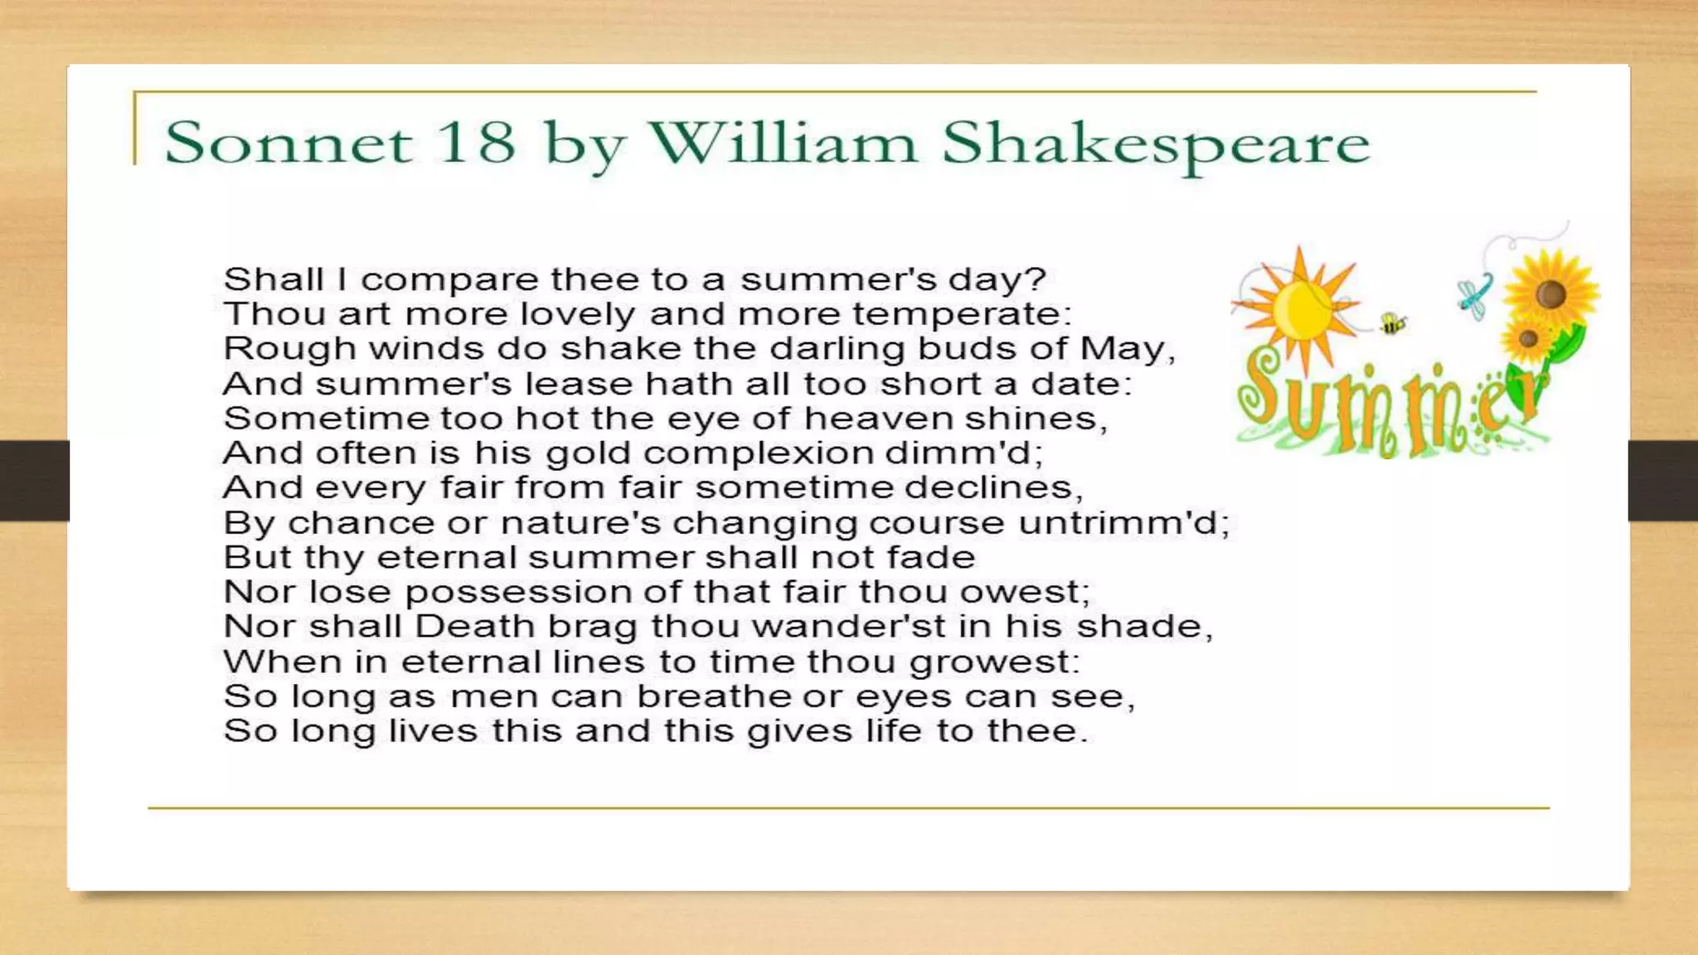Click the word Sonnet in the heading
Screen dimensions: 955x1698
tap(287, 143)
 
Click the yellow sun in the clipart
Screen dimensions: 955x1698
tap(1299, 309)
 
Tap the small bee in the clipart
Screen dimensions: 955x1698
tap(1392, 323)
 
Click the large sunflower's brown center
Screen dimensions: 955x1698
tap(1550, 293)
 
